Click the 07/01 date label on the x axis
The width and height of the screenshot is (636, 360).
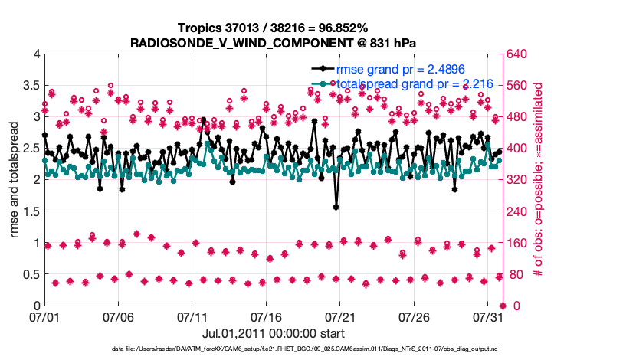tap(44, 316)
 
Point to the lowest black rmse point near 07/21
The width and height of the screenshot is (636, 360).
tap(336, 207)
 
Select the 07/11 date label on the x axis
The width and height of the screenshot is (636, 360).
tap(192, 316)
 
